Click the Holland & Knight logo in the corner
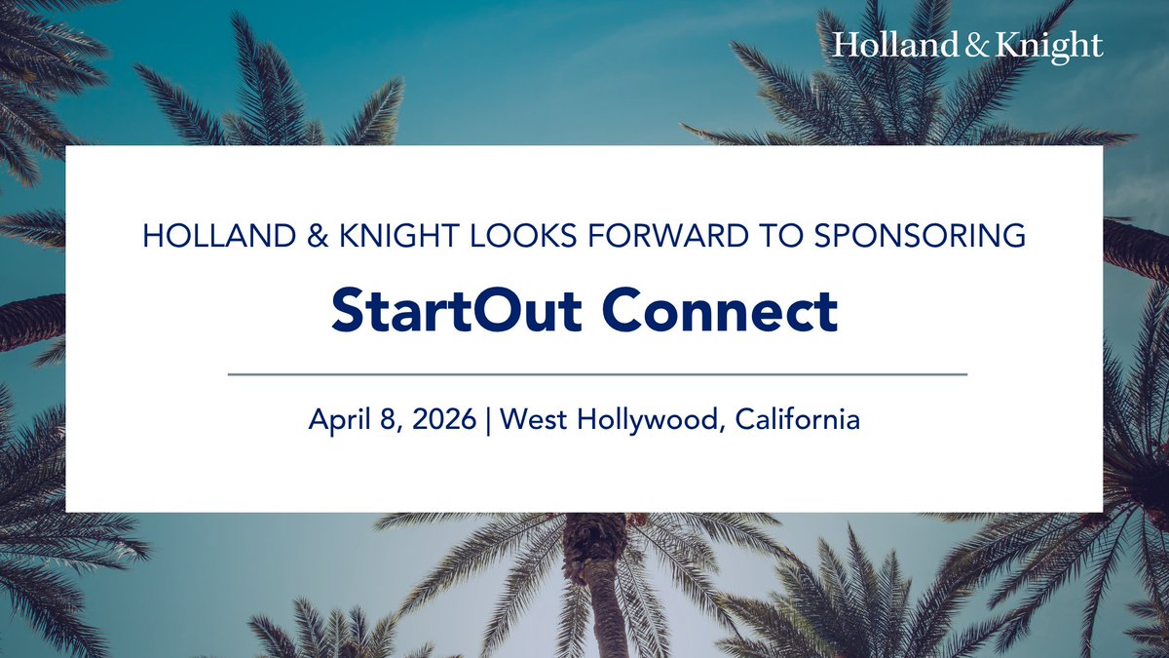click(x=967, y=46)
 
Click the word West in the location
click(x=539, y=420)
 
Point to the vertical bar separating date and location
click(x=488, y=420)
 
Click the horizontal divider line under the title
click(x=596, y=373)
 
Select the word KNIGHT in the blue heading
click(x=374, y=237)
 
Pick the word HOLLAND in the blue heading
click(x=208, y=237)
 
